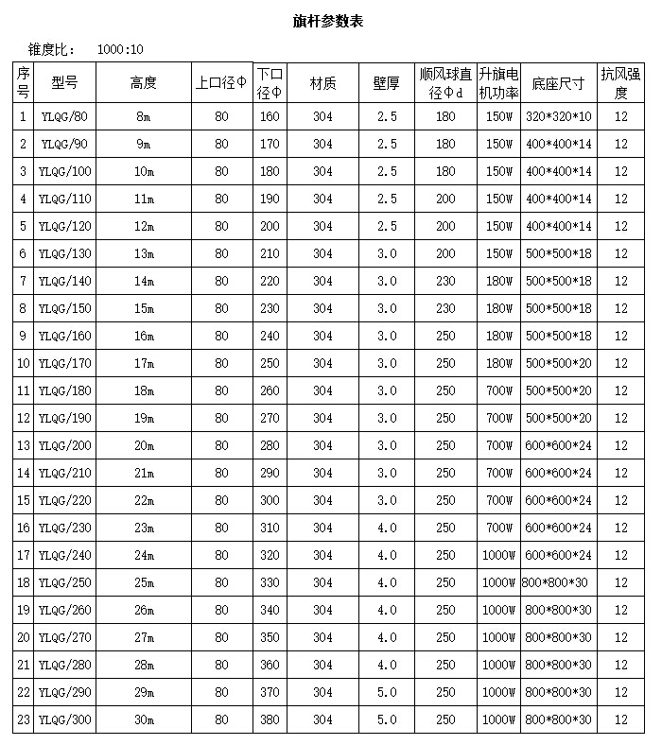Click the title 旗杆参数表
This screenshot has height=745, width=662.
coord(328,21)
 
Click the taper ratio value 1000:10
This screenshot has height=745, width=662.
coord(120,50)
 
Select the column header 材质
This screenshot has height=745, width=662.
coord(323,83)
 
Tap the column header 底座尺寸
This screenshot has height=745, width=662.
coord(558,83)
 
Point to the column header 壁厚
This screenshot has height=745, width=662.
coord(386,83)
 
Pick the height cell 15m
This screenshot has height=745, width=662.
coord(144,309)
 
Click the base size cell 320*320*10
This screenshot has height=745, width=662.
coord(558,117)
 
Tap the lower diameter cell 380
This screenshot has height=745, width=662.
coord(270,720)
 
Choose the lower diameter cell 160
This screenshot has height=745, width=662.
coord(270,117)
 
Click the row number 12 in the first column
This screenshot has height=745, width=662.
coord(24,419)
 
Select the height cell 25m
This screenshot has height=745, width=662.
coord(144,583)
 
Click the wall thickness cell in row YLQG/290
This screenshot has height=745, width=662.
coord(386,693)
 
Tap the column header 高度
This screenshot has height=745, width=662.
coord(144,83)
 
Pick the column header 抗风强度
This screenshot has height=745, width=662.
coord(620,83)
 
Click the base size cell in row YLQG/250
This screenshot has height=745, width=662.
coord(558,583)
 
